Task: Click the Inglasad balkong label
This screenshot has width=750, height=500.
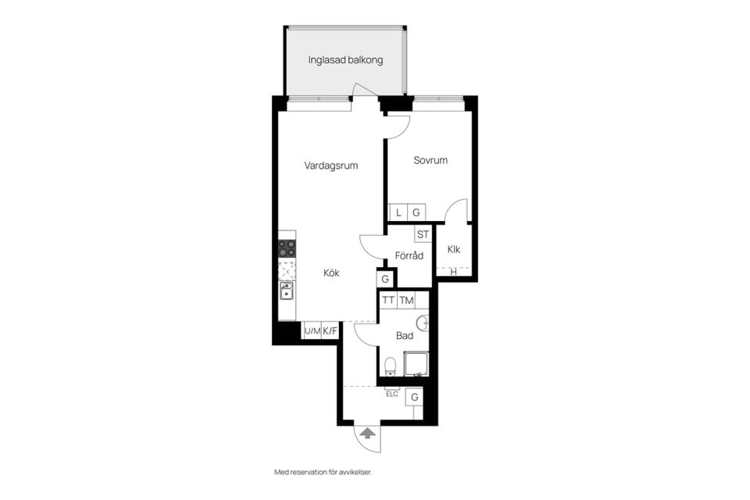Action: pos(345,60)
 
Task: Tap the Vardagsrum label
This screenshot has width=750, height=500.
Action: pos(331,166)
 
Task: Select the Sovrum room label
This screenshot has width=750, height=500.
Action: pos(430,160)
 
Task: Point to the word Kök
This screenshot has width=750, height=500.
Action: pos(331,273)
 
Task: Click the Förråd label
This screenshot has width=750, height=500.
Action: pos(409,255)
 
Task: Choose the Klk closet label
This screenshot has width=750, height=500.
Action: pos(454,249)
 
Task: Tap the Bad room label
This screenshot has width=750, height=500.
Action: pos(405,336)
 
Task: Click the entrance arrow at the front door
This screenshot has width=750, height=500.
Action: pos(367,434)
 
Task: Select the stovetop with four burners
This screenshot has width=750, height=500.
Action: pos(287,248)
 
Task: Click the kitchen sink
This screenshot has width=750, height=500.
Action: pos(287,291)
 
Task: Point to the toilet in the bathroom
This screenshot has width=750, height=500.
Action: pos(391,366)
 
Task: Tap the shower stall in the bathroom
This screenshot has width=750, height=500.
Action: pos(416,363)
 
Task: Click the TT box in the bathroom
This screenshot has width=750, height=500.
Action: pos(388,301)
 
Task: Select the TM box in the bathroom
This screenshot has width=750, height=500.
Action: pos(406,301)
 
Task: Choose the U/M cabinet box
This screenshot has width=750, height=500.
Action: pos(312,330)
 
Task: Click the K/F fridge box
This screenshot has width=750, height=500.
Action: pos(330,330)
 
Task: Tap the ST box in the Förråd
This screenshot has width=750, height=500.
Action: pos(423,234)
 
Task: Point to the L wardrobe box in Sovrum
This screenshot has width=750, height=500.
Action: pos(398,212)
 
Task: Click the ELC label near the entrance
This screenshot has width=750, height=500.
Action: pos(392,395)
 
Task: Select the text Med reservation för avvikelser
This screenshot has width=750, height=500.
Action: pos(323,472)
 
